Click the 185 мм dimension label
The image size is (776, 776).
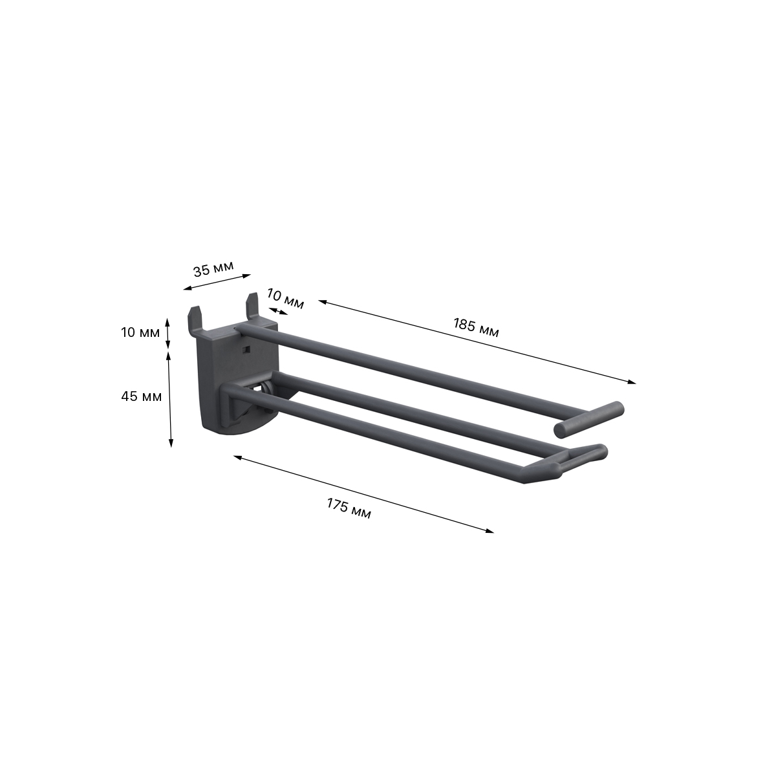point(475,328)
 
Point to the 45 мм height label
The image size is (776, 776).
point(141,396)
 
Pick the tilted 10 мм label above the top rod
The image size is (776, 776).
point(285,300)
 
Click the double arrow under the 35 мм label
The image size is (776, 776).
point(217,282)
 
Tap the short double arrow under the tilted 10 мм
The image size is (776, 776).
point(280,311)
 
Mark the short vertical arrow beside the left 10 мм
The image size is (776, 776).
point(168,334)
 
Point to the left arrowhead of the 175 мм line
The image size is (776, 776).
point(238,457)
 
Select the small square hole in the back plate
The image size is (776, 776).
point(244,350)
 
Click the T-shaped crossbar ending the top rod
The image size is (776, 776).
point(588,419)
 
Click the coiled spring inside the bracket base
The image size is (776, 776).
point(266,394)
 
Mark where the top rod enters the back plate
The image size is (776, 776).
point(242,330)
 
